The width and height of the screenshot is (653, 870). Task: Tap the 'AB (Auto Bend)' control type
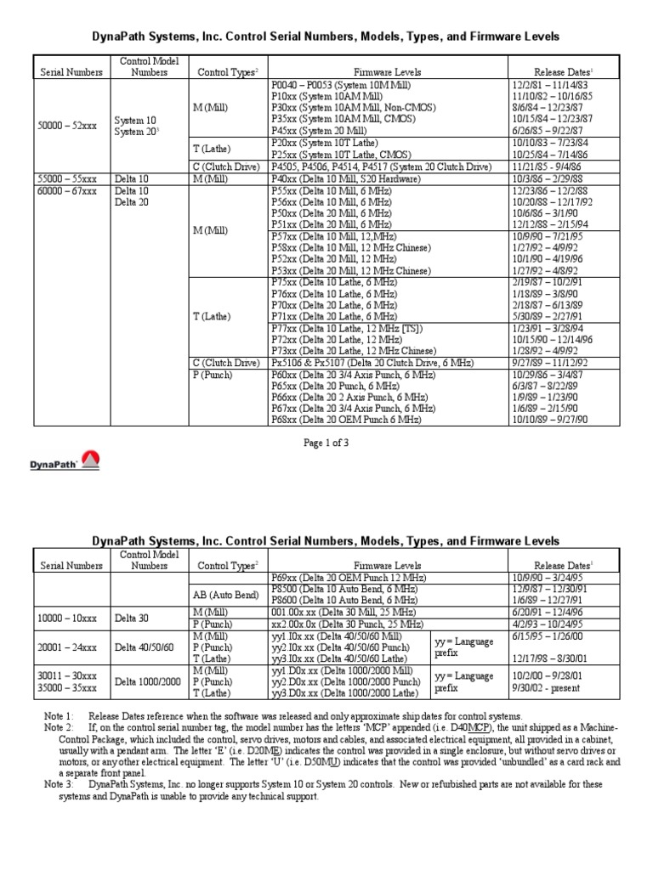[x=224, y=595]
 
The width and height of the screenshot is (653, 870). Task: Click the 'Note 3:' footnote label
[x=60, y=784]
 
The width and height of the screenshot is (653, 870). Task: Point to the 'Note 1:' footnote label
[x=60, y=718]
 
